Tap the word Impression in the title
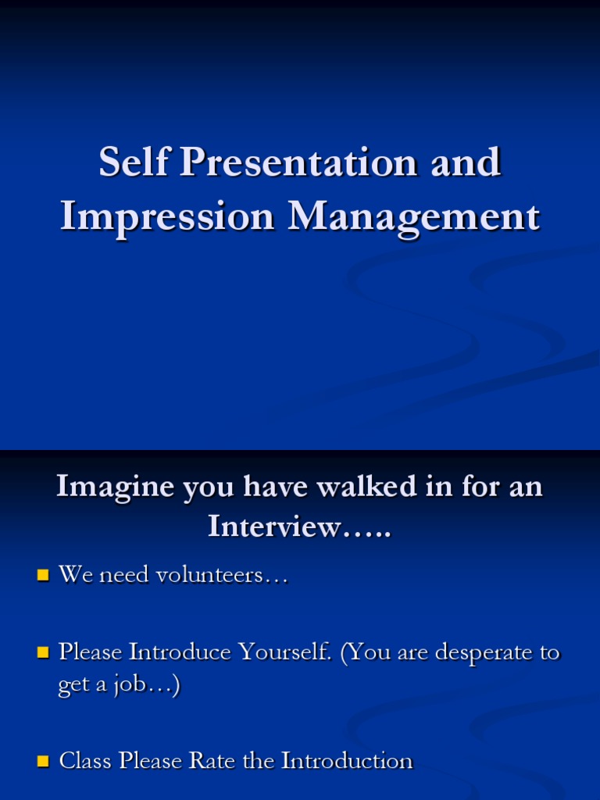167,216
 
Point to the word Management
413,216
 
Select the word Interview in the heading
274,527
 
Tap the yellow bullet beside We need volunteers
43,577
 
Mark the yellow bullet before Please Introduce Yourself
43,652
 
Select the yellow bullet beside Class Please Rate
43,761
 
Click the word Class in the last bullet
86,760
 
